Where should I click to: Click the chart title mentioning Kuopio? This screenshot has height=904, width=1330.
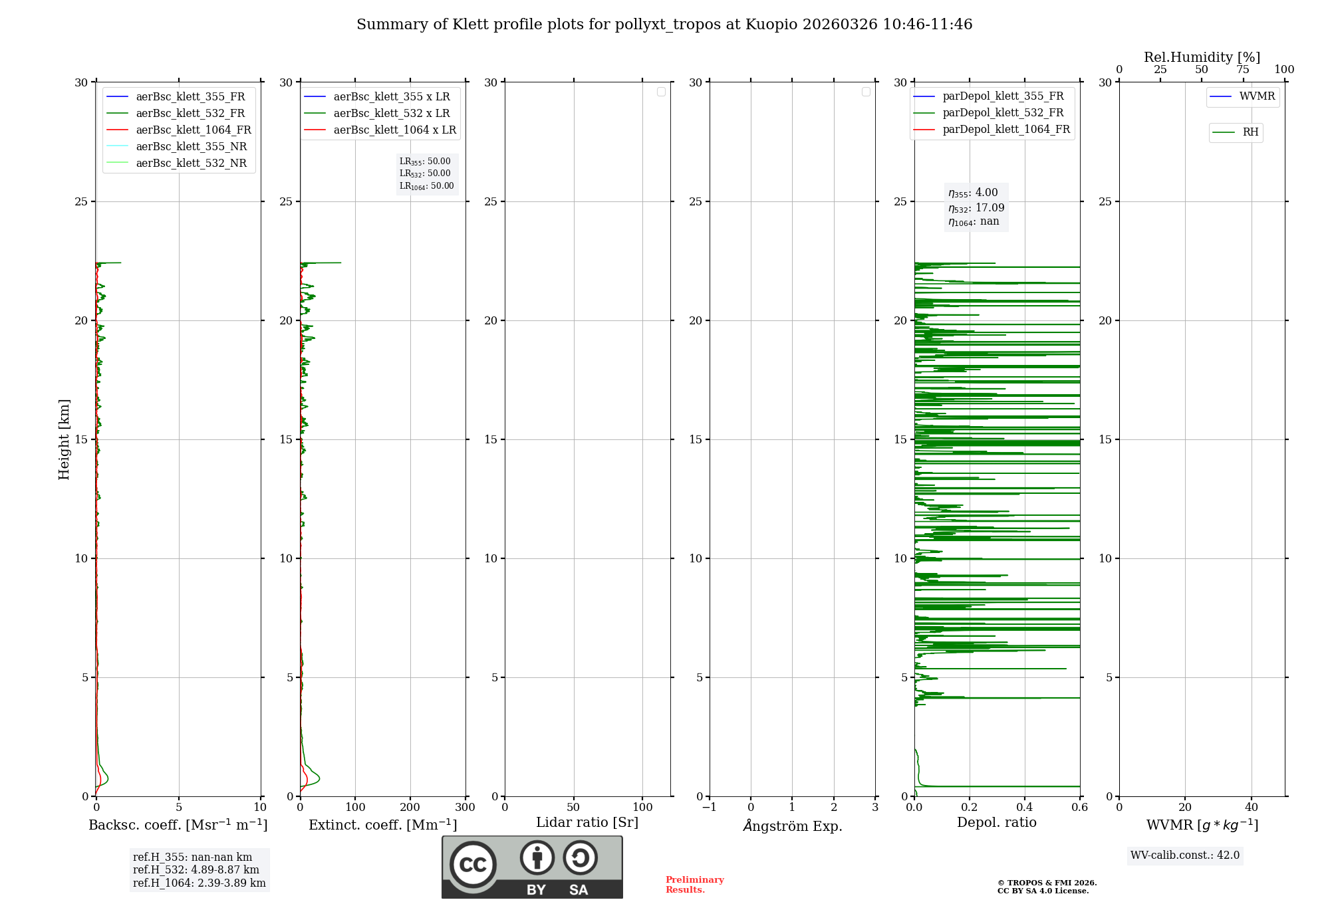coord(664,25)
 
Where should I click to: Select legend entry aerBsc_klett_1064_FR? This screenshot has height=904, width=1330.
coord(193,130)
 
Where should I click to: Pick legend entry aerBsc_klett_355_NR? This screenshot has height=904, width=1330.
coord(191,146)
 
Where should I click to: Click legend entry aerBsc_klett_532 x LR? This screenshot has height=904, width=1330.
coord(391,113)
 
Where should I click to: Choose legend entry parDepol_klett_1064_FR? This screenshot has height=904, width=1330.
coord(1005,129)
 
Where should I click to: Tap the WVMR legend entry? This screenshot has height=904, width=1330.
coord(1256,96)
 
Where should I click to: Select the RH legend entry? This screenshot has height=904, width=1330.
coord(1250,132)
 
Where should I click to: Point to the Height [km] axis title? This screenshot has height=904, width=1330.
coord(64,439)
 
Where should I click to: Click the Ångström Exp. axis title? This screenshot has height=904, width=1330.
coord(793,826)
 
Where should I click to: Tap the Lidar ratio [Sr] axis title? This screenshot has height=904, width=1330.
coord(587,822)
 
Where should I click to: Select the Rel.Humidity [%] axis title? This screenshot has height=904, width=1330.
coord(1202,57)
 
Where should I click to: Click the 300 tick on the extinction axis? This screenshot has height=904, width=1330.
coord(465,808)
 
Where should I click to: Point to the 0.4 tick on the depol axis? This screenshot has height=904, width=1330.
coord(1025,808)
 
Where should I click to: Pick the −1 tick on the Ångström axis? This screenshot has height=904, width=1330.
coord(710,808)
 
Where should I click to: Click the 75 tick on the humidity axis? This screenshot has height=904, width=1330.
coord(1242,70)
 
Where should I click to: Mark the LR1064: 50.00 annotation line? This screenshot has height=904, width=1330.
coord(426,186)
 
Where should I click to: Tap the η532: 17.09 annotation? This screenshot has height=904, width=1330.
coord(976,208)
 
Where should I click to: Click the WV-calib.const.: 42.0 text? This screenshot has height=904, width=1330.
coord(1184,855)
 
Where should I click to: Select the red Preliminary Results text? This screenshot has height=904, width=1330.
coord(694,884)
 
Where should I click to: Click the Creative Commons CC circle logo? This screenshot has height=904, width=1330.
coord(473,865)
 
